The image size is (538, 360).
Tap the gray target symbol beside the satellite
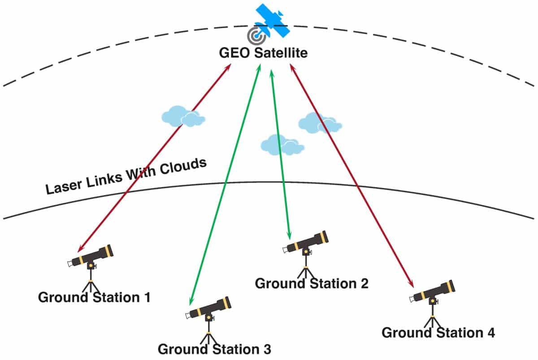(x=256, y=35)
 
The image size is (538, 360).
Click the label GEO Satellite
(x=263, y=53)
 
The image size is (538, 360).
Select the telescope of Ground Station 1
(x=91, y=257)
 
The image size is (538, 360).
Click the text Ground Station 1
(x=94, y=297)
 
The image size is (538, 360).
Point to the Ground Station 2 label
(x=311, y=283)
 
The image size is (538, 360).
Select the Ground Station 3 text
(x=214, y=349)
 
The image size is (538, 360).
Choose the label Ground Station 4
(x=438, y=333)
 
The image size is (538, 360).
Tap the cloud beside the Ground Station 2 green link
(x=282, y=145)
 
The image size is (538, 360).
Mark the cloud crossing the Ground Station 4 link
(x=319, y=122)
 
